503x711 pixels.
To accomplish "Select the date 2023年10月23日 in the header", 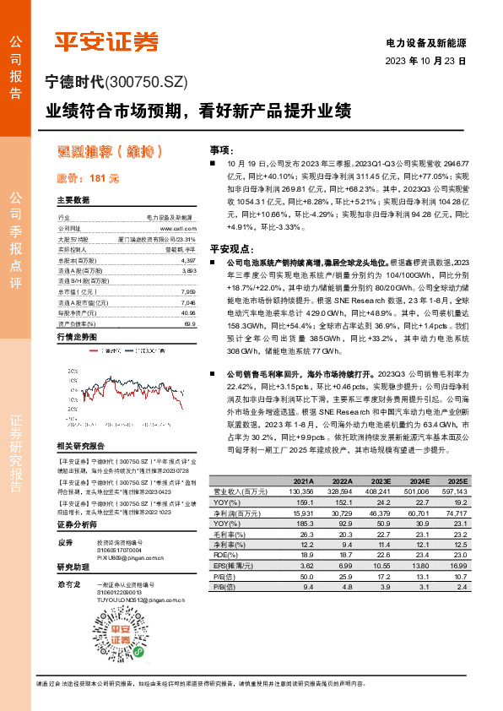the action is coord(425,62).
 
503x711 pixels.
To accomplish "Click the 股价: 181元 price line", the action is coord(89,178).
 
